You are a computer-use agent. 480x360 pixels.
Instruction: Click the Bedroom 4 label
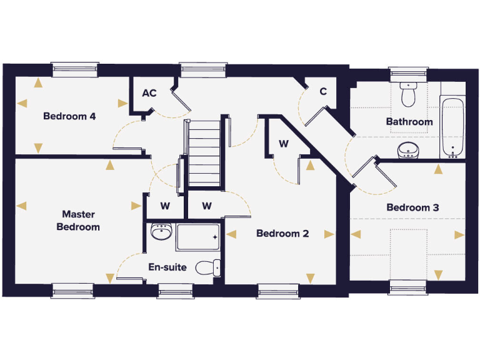pos(69,116)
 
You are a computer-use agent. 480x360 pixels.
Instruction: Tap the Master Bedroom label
pos(78,221)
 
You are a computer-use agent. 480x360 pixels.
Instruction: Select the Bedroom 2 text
pos(282,234)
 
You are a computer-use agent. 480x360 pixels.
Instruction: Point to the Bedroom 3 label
pos(412,207)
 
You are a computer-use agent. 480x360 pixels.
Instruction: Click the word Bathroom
pos(409,122)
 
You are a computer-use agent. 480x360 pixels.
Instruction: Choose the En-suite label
pos(167,267)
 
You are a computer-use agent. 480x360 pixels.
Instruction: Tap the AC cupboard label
pos(149,94)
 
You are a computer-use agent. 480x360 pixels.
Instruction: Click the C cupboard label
pos(323,92)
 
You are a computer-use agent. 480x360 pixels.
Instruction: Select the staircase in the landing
pos(204,154)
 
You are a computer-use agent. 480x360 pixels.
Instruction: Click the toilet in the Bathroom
pos(409,95)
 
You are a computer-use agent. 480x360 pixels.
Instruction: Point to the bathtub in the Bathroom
pos(452,129)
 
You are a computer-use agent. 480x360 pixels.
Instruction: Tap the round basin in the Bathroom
pos(408,150)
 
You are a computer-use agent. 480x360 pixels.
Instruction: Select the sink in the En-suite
pos(161,233)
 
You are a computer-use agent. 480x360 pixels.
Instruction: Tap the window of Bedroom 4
pos(75,69)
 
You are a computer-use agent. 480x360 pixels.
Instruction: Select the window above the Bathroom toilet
pos(409,74)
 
